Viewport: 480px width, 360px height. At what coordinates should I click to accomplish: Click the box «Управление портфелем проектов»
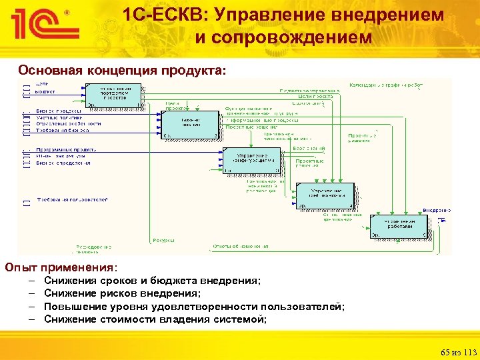[113, 95]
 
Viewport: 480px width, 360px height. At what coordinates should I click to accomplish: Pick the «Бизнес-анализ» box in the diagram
[189, 123]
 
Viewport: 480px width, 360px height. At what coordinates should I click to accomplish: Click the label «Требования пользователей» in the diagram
[72, 199]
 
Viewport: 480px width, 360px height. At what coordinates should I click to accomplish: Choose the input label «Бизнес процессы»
[59, 111]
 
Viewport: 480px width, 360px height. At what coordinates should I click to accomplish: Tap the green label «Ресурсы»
[164, 241]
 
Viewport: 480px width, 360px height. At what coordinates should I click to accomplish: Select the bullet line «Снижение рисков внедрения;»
[122, 293]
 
